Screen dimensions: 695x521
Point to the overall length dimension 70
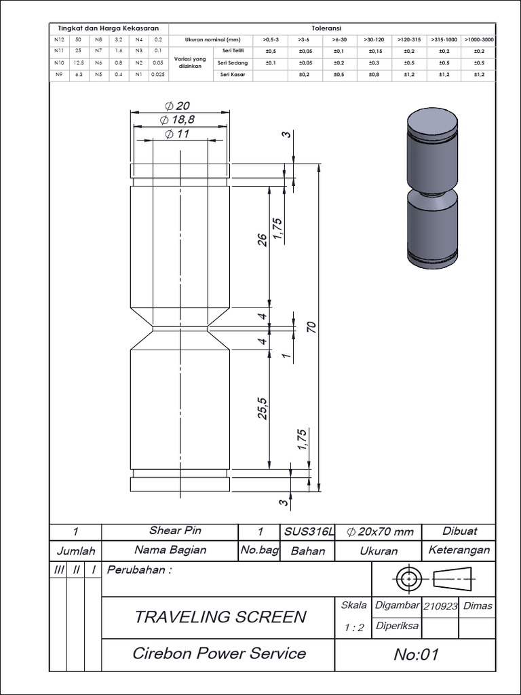[312, 326]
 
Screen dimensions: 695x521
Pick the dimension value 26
[263, 240]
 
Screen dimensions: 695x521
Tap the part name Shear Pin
[175, 531]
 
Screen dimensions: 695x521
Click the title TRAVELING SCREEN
[220, 617]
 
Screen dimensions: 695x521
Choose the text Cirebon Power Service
[219, 654]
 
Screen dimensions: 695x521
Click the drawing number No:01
[417, 655]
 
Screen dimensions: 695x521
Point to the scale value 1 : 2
[353, 628]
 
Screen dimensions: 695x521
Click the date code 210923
[440, 606]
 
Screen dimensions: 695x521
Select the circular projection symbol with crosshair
[408, 580]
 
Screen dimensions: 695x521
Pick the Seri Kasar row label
[233, 74]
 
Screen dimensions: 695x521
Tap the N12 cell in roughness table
[59, 40]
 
